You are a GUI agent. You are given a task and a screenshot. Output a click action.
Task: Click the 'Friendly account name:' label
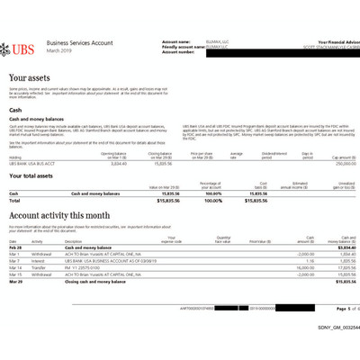[x=180, y=46]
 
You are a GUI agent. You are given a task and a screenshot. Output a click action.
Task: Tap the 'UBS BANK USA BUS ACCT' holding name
[x=32, y=164]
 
